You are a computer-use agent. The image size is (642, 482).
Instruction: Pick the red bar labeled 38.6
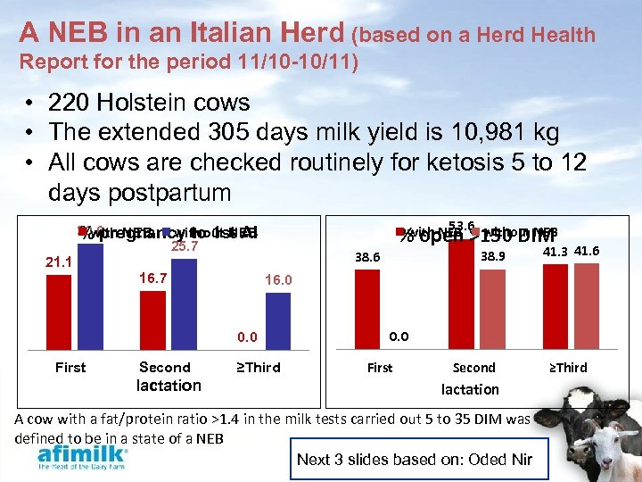click(x=367, y=304)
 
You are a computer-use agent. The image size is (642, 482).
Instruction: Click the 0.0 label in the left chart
click(x=247, y=337)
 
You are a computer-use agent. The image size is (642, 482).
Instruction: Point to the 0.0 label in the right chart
click(x=399, y=337)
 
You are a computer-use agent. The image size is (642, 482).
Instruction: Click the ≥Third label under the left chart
click(x=258, y=367)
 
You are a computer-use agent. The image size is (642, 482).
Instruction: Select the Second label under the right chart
click(x=473, y=368)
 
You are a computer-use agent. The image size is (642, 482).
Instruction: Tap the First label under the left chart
click(x=70, y=367)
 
